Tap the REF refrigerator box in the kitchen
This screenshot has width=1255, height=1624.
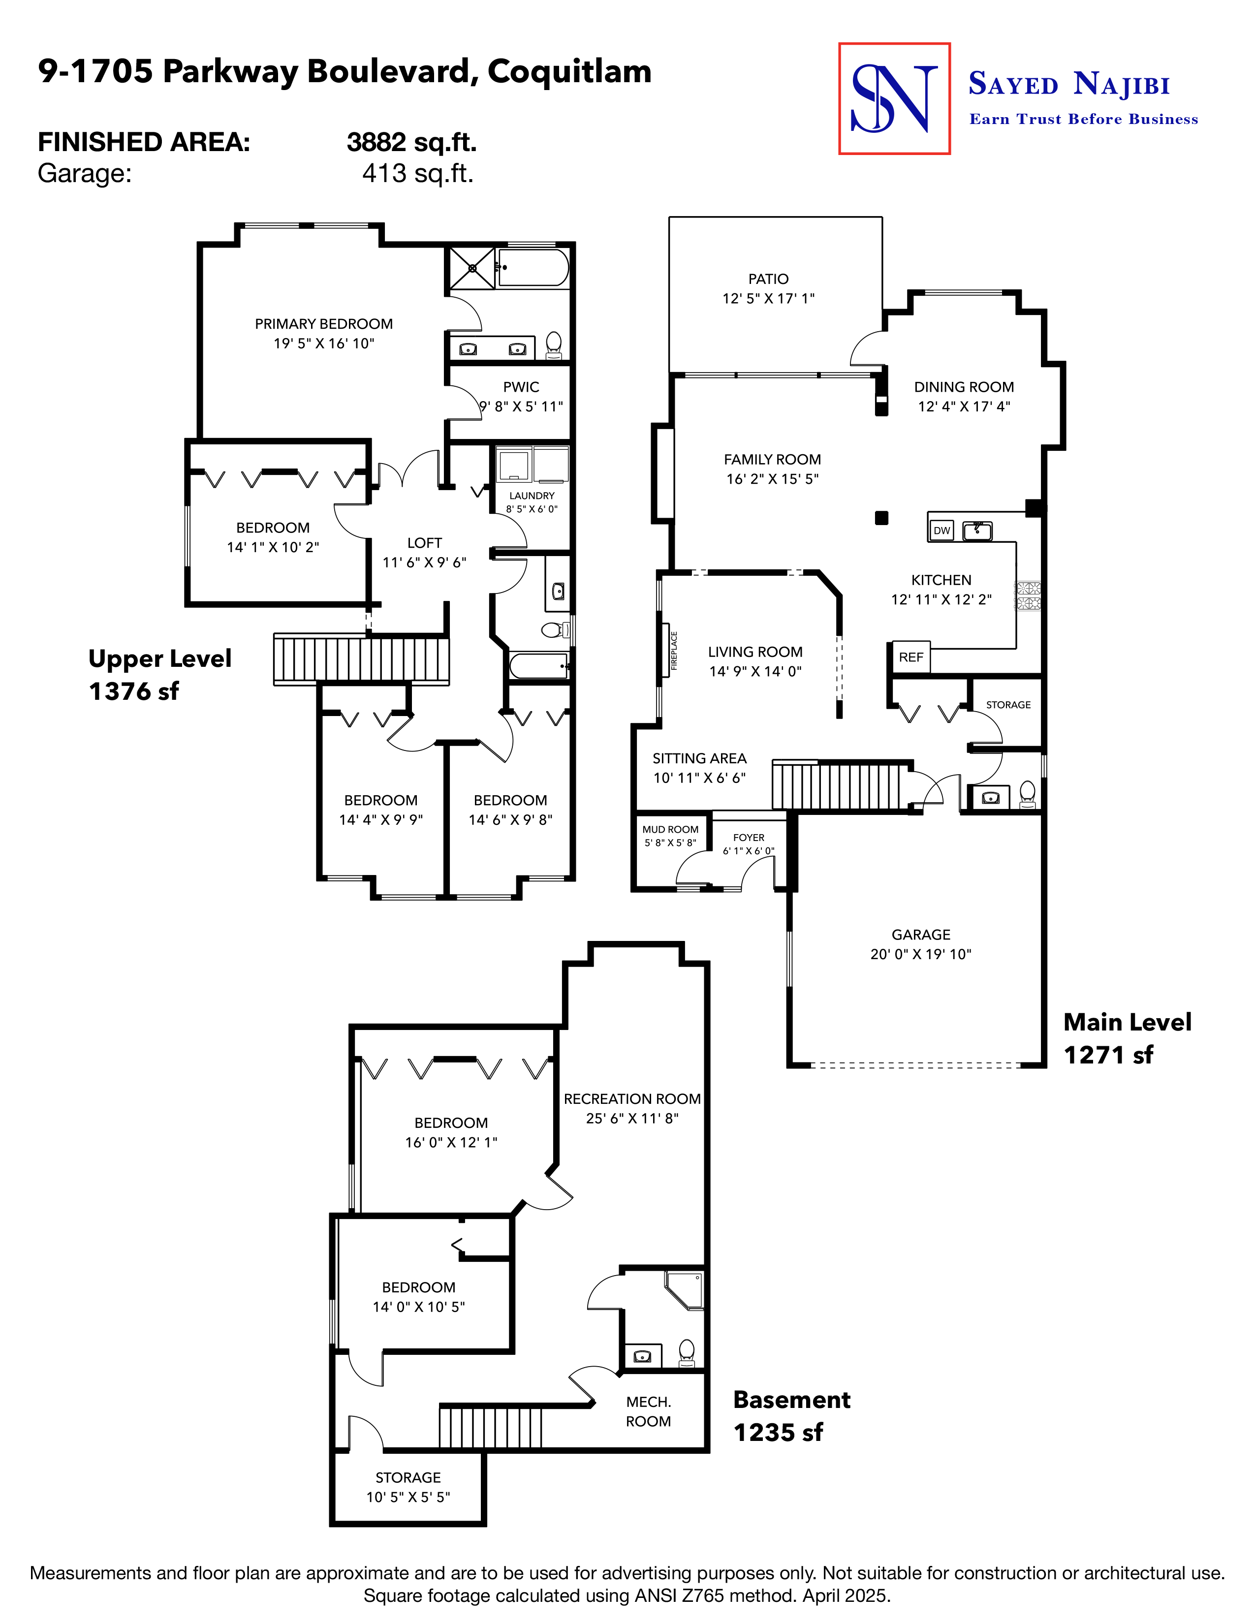[911, 657]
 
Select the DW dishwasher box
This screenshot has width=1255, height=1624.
[942, 530]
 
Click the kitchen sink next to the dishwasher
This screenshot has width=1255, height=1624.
[977, 530]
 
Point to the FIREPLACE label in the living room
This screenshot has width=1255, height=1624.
[674, 651]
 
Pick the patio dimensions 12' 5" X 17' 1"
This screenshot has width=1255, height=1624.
[768, 298]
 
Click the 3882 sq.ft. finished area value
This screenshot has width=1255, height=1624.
[411, 142]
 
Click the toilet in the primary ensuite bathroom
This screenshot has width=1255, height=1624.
[553, 344]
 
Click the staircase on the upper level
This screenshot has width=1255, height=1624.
[361, 659]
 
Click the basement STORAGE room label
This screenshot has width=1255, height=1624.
[408, 1477]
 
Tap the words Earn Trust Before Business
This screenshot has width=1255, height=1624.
[1083, 119]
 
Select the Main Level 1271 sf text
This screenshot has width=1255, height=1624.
[1127, 1038]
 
